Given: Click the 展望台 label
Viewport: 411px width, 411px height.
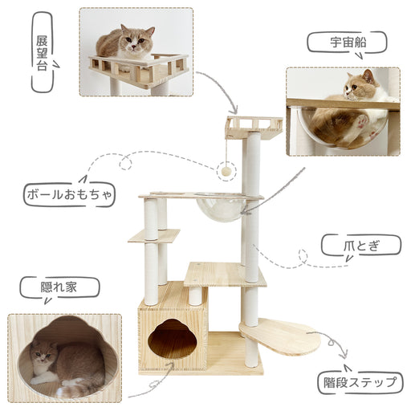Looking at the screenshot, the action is [x=42, y=54].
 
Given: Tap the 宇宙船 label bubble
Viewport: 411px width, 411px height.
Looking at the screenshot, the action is [x=347, y=43].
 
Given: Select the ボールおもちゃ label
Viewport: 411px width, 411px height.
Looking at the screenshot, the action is [x=69, y=195].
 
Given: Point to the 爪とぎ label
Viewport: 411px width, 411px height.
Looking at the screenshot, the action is [x=361, y=246].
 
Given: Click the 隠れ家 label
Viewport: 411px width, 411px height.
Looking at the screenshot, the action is [x=59, y=287].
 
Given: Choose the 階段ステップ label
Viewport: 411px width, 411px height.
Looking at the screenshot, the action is [x=360, y=383].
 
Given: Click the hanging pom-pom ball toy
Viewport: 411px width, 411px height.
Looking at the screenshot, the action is [x=226, y=171].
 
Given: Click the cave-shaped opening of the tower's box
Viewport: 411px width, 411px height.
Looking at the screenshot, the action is [x=173, y=338].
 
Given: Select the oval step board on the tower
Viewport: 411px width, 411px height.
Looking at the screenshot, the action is [x=279, y=336].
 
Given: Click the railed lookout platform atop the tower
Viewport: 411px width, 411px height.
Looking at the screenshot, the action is [x=254, y=128].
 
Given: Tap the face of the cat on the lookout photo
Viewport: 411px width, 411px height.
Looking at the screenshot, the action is [x=135, y=42].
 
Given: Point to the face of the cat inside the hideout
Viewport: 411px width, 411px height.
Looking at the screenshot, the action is [x=42, y=354].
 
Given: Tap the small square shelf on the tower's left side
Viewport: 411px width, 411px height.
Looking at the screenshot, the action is [x=154, y=236].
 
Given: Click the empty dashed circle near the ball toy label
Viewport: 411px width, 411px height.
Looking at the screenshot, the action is [x=125, y=163].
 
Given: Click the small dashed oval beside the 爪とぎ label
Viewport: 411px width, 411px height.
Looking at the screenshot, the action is [x=303, y=256].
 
